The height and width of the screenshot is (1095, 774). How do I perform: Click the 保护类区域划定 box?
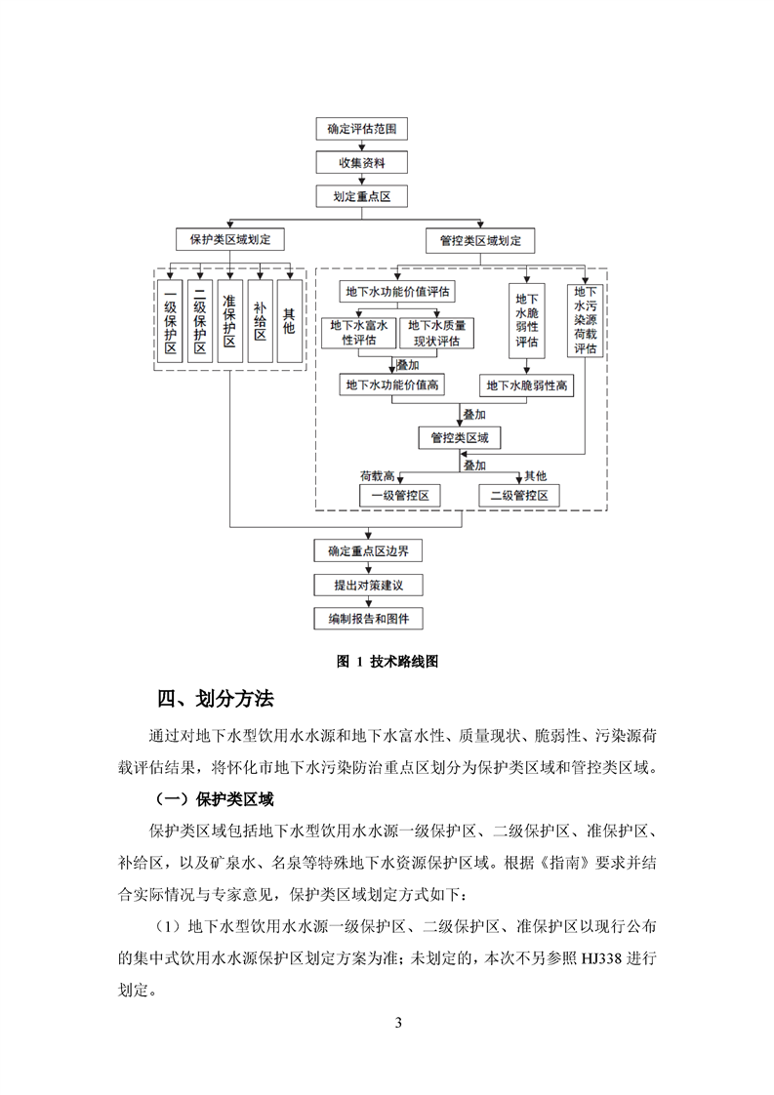(x=229, y=239)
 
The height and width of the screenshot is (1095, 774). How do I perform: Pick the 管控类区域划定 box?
(x=480, y=239)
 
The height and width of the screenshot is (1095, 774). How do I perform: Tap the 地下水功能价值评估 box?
(x=398, y=291)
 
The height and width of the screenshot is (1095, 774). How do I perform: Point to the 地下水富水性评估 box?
(x=358, y=333)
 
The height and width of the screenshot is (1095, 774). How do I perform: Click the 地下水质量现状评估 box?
(x=437, y=333)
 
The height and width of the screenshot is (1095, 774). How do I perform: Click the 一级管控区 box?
(x=399, y=496)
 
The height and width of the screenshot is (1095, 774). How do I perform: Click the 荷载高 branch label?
(x=377, y=476)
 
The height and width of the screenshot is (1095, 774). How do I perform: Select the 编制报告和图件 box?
(x=368, y=619)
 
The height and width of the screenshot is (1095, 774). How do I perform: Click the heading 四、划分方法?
(x=216, y=700)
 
